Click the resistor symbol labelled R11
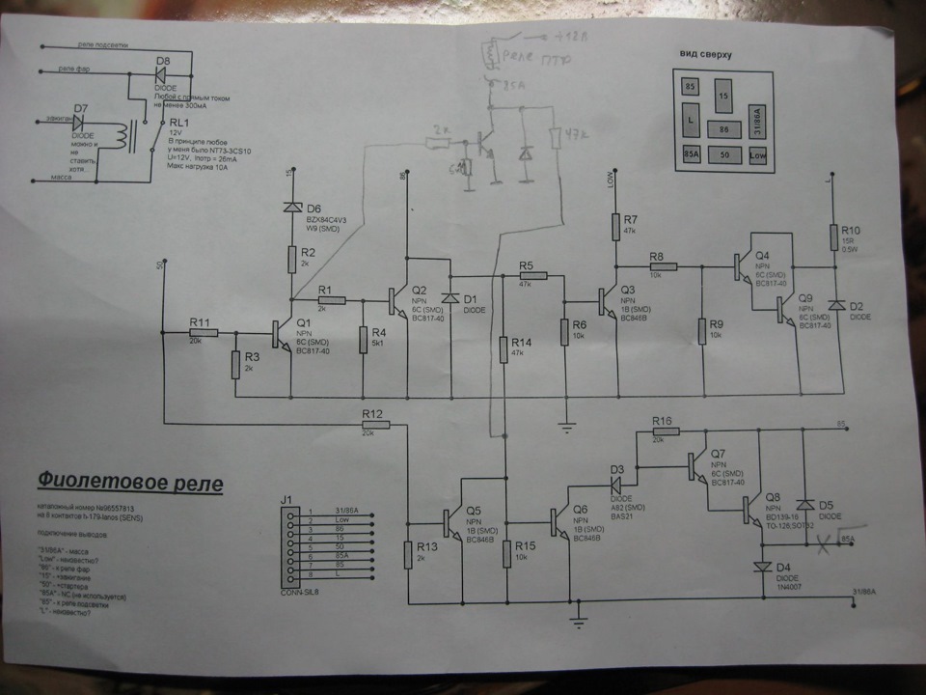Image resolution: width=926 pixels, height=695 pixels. coord(204,333)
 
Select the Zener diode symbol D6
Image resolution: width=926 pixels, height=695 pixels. coord(291,207)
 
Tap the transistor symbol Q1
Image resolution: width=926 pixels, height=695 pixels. coord(283,334)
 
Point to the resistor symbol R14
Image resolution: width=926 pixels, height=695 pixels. coord(504,349)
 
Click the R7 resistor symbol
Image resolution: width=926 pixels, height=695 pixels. coord(615,227)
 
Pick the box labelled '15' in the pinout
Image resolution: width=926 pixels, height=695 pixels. coord(723,98)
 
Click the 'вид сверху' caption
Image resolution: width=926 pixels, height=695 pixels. coord(707,55)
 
